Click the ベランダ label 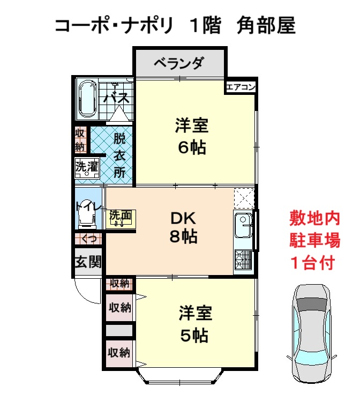click(179, 63)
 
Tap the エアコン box click(241, 87)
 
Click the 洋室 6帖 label click(192, 136)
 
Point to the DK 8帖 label click(183, 227)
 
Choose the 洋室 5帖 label click(195, 324)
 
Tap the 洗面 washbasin click(121, 219)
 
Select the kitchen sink click(243, 225)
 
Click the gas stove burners click(243, 259)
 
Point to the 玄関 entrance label click(88, 262)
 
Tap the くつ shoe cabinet click(88, 239)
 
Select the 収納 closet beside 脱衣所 click(80, 140)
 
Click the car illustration click(312, 335)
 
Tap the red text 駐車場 click(314, 240)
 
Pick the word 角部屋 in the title click(266, 25)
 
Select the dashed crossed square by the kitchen click(244, 198)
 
